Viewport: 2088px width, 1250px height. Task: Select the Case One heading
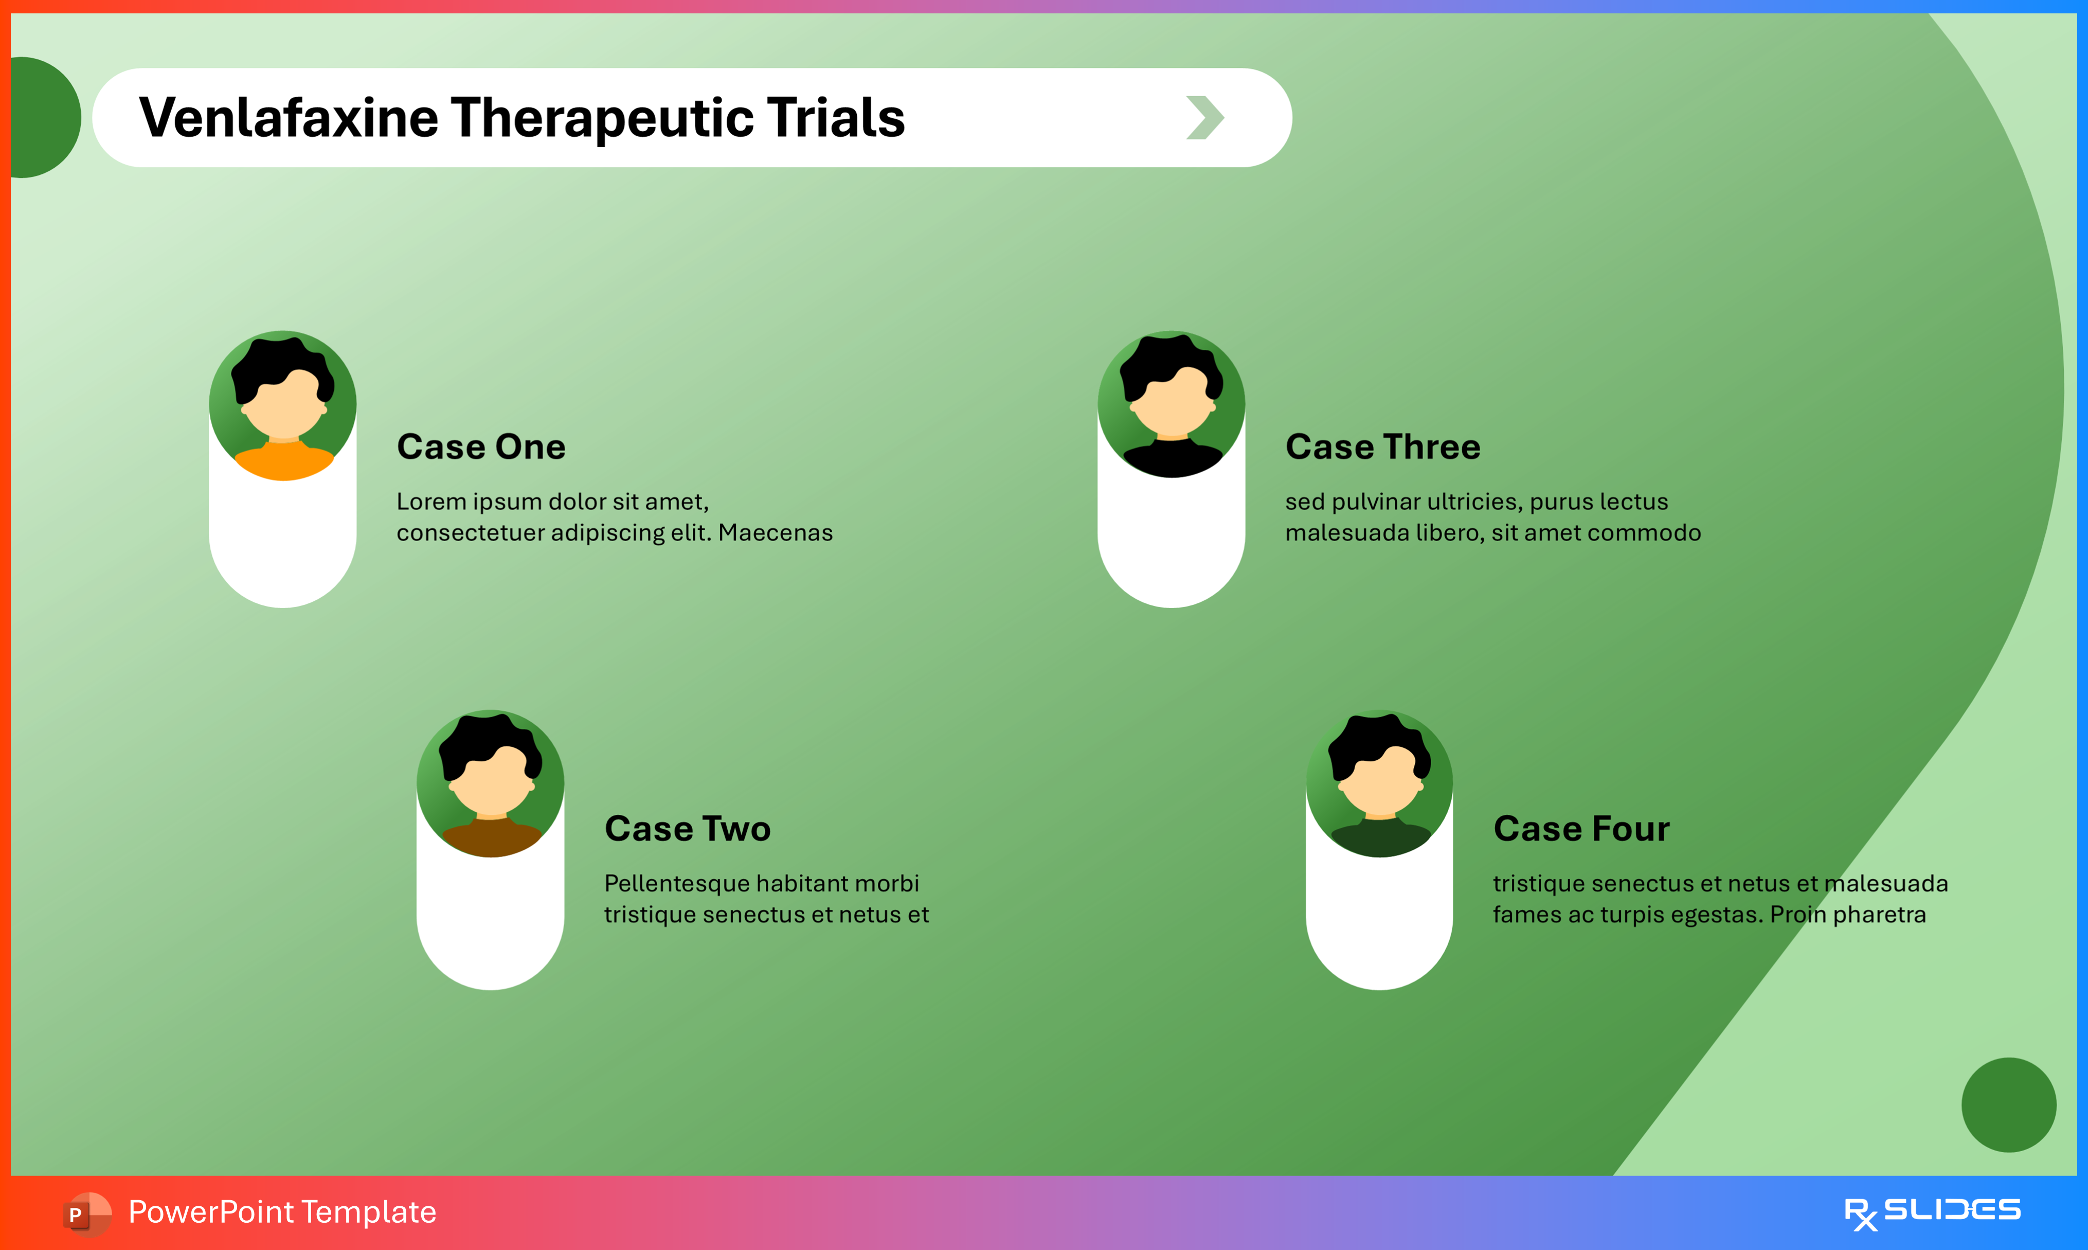481,447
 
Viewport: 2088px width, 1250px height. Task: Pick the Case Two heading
687,829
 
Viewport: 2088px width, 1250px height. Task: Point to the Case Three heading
1382,447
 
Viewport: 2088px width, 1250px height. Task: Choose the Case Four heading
1581,829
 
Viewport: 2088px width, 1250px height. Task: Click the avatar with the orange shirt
283,405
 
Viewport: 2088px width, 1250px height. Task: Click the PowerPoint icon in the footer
87,1214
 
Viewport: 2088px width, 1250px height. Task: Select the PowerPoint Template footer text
282,1212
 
